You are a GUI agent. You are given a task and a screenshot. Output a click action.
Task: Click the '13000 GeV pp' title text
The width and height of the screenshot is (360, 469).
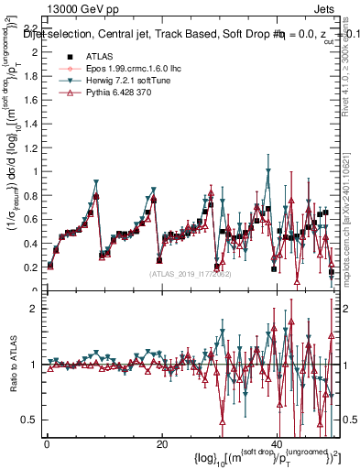coord(48,7)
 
